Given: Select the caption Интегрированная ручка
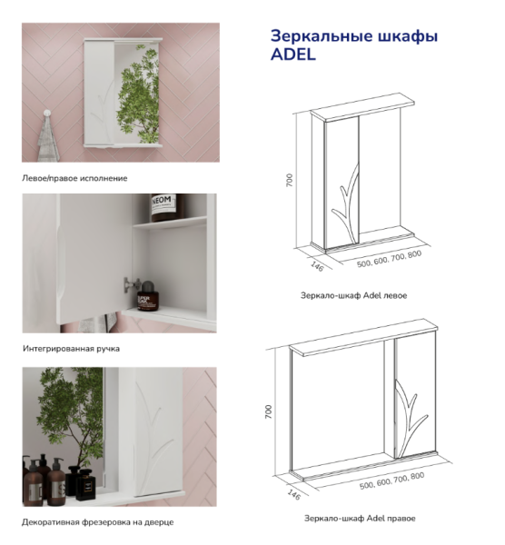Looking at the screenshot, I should click(x=71, y=348).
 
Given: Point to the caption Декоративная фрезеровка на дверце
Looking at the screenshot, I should click(x=97, y=522).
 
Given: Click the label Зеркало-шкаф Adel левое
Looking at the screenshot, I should click(x=353, y=295).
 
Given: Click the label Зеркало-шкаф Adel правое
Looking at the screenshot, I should click(x=360, y=518).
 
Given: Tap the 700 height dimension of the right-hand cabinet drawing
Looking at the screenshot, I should click(x=268, y=411).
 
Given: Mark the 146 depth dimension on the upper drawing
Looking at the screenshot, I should click(x=317, y=265).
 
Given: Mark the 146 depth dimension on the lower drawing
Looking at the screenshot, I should click(x=292, y=495).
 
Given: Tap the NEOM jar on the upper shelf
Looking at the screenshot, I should click(x=168, y=208).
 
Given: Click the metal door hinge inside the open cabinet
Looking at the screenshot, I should click(x=127, y=282).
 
